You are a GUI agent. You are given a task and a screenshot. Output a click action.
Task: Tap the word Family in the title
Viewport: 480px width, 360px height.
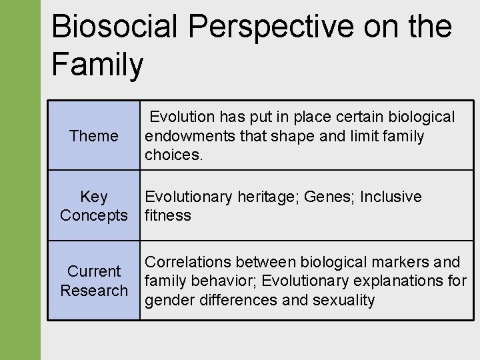click(97, 65)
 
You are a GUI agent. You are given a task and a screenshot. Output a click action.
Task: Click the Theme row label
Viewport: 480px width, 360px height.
click(93, 136)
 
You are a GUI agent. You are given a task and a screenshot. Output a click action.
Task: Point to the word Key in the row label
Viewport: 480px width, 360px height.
click(93, 197)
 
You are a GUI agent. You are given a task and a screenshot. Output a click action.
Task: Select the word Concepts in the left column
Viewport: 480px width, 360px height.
click(93, 215)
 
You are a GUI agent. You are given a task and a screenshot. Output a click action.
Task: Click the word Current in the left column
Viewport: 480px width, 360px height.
click(94, 271)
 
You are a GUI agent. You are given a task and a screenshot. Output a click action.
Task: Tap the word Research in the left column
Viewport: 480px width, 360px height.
click(94, 291)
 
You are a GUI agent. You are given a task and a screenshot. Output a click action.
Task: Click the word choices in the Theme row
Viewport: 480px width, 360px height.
click(173, 155)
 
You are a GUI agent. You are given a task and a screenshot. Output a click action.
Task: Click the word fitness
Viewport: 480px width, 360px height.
click(167, 215)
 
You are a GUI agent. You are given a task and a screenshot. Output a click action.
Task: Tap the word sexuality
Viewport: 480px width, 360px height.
click(344, 300)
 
